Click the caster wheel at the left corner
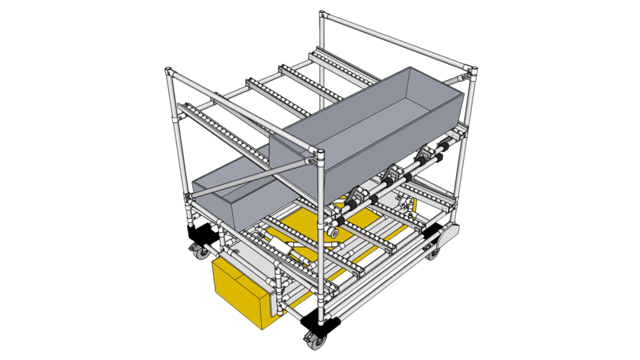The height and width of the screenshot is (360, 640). [x=201, y=252]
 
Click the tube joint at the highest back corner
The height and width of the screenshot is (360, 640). [x=322, y=15]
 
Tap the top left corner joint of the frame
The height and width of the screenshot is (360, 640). [x=169, y=73]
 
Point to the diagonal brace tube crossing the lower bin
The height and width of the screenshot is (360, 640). [x=250, y=178]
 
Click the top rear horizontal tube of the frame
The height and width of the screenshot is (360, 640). [x=394, y=41]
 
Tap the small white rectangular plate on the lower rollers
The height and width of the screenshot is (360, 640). [x=283, y=244]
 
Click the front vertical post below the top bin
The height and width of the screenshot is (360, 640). [x=321, y=250]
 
